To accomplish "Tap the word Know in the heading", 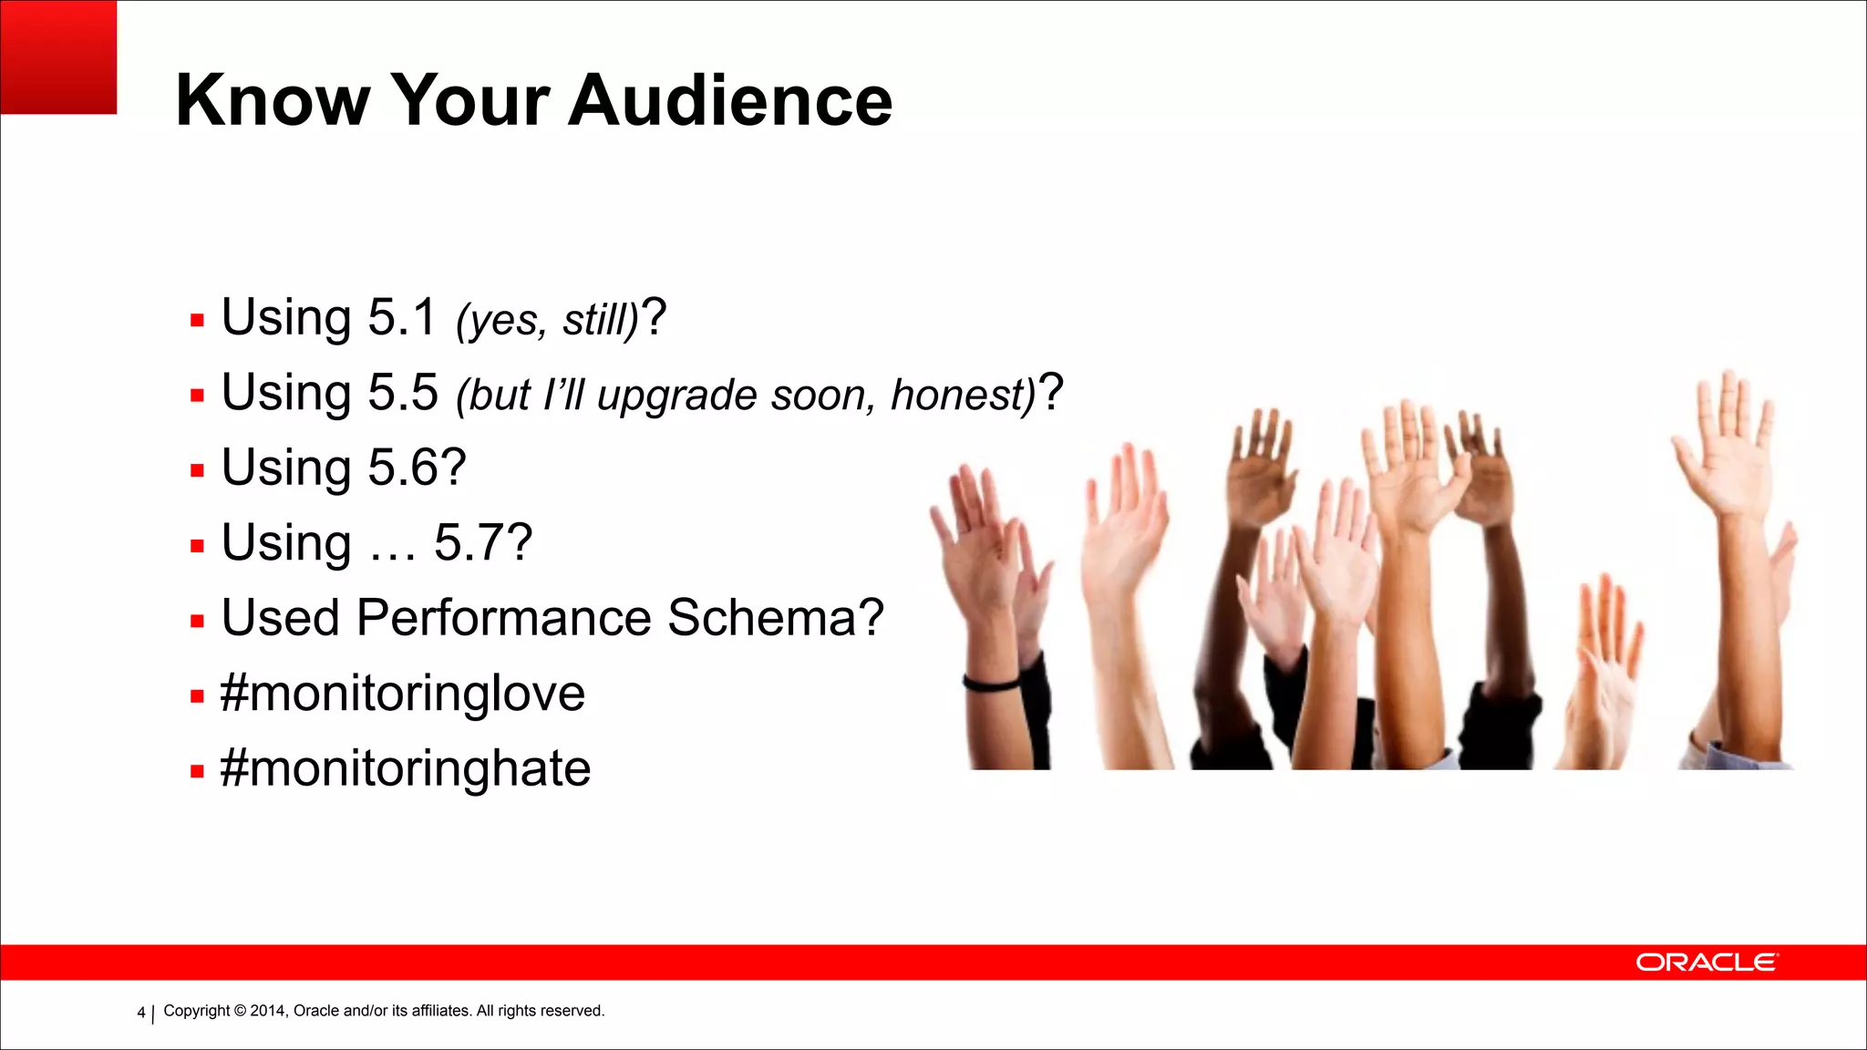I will [273, 100].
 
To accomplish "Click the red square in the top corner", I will [58, 57].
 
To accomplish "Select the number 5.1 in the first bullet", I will [402, 317].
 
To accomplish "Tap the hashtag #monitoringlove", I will [402, 694].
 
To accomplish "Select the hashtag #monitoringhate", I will [406, 768].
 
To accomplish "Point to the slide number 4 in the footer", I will [140, 1013].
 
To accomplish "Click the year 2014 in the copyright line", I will [268, 1011].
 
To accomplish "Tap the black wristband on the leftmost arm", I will [992, 683].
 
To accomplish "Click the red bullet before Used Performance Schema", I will [197, 622].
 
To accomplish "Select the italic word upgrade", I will [677, 396].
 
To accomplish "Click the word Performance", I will [503, 618].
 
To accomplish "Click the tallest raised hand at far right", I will [1726, 437].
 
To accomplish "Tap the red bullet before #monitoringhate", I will [197, 771].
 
